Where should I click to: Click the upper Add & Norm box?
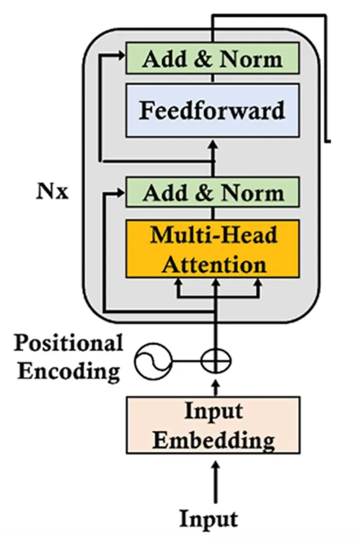(212, 58)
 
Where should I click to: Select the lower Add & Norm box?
(212, 193)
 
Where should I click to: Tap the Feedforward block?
(212, 110)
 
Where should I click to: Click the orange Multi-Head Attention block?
(212, 249)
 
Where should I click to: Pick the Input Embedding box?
(213, 425)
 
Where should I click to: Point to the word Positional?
(68, 343)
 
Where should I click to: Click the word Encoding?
(69, 371)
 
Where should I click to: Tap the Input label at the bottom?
(209, 519)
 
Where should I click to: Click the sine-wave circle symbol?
(153, 361)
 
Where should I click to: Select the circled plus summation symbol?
(216, 361)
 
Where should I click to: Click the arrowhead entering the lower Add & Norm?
(122, 193)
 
